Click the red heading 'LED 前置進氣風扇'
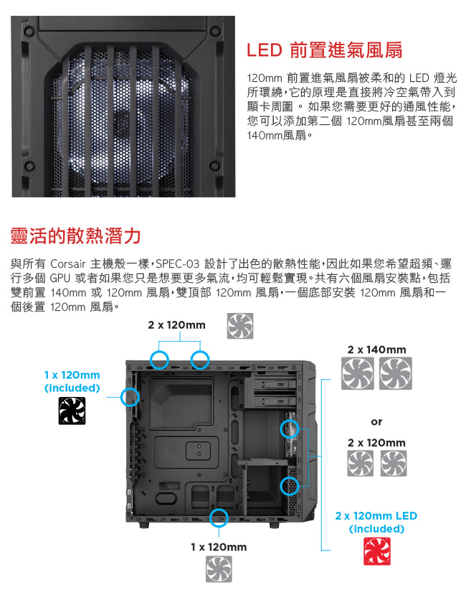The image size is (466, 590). [324, 50]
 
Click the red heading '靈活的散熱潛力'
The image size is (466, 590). [75, 236]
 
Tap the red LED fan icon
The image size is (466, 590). [377, 551]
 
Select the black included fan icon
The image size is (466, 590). [72, 411]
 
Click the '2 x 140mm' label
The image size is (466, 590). [376, 350]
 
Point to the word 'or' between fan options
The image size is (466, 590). [376, 422]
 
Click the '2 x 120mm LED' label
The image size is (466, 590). [376, 515]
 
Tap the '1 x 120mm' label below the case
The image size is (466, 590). [219, 547]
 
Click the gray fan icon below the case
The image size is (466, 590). [219, 569]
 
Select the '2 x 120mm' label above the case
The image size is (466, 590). [176, 324]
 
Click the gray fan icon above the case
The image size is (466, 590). [240, 326]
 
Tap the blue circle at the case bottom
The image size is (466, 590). [219, 518]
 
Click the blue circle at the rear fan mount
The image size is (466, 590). [130, 397]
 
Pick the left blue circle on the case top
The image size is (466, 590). [159, 360]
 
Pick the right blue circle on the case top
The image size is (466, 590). [200, 360]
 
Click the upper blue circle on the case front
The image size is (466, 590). [290, 429]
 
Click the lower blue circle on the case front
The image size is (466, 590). [290, 486]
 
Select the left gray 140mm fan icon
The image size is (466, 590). [358, 373]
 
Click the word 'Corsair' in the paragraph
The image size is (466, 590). [67, 263]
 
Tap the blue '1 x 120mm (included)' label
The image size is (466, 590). [72, 381]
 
